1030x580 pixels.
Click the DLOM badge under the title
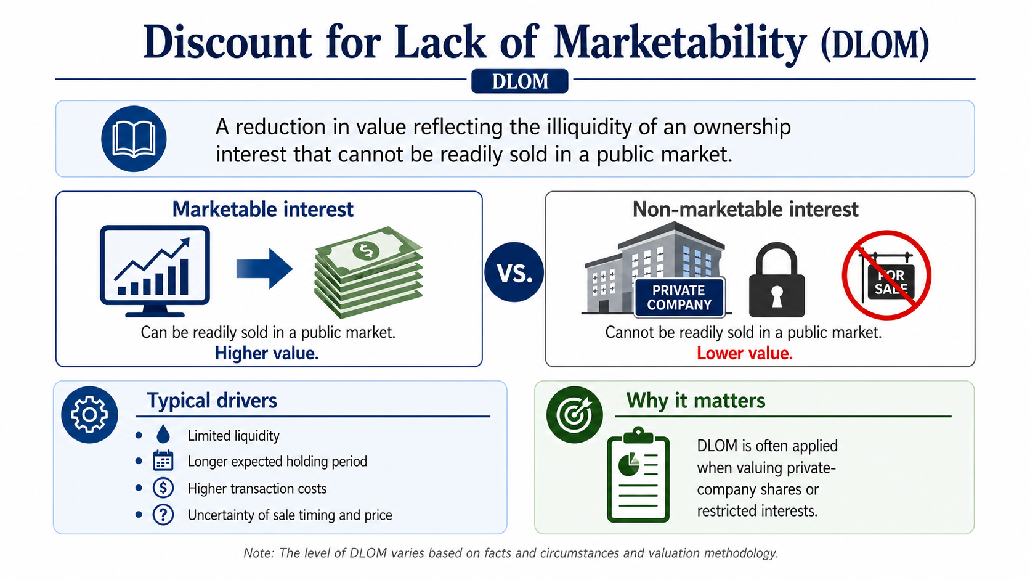point(519,81)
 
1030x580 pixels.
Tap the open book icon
point(134,139)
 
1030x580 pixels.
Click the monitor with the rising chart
point(155,271)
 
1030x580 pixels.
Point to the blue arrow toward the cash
point(264,269)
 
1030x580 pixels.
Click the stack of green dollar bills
point(368,272)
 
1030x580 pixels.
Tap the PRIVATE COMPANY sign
point(679,298)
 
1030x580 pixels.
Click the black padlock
point(777,280)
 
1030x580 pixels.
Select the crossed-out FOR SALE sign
point(886,275)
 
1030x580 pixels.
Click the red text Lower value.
point(744,353)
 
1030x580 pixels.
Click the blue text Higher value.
point(267,353)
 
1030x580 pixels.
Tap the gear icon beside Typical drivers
point(90,415)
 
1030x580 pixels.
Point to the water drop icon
point(163,435)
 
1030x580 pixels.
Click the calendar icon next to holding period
point(163,460)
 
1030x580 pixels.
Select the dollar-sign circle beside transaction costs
point(163,488)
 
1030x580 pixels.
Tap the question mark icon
point(163,514)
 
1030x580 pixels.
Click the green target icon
point(574,415)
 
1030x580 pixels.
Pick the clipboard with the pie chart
point(638,475)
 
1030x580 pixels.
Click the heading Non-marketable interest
point(745,210)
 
